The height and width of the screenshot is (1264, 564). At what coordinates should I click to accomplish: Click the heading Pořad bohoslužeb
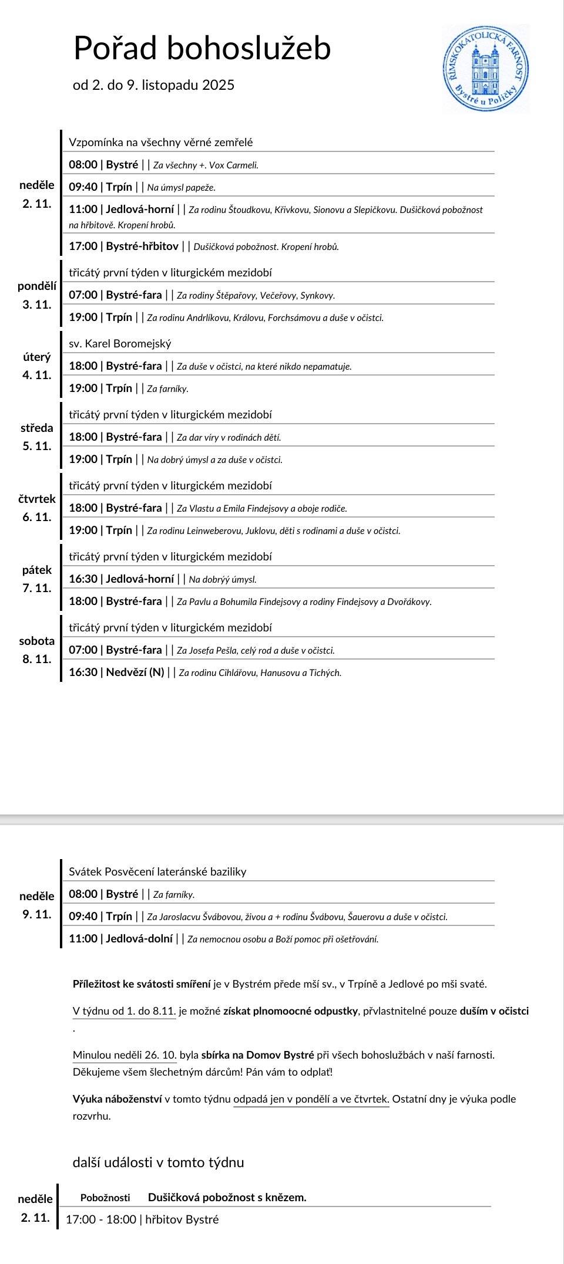(202, 48)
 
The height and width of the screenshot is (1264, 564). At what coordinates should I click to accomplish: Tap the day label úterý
(37, 357)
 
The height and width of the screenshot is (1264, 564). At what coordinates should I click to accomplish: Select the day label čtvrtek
(37, 499)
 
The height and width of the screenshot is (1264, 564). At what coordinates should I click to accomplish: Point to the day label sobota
(37, 641)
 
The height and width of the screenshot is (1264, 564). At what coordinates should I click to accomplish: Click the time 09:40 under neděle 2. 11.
(83, 187)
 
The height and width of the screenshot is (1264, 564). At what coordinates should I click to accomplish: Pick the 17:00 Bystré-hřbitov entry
(123, 246)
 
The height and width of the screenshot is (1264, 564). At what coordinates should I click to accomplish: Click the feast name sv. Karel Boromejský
(120, 343)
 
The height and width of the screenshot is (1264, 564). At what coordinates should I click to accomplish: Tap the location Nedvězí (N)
(135, 672)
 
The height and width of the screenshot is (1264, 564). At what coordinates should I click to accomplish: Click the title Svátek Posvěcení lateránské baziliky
(157, 871)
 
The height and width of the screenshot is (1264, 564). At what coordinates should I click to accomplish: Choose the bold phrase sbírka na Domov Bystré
(257, 1055)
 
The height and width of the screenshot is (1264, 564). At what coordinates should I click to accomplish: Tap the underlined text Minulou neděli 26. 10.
(125, 1055)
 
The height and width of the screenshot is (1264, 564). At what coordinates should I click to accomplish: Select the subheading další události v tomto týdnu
(158, 1162)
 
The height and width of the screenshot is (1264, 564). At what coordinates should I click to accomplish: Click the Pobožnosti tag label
(105, 1197)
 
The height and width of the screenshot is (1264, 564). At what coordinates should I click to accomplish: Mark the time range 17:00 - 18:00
(100, 1219)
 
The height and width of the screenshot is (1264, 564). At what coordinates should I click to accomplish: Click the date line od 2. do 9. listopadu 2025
(153, 85)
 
